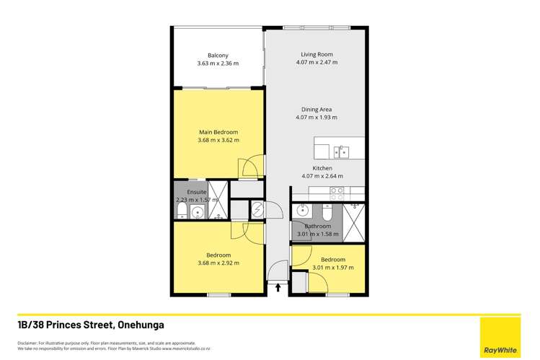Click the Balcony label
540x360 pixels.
point(218,56)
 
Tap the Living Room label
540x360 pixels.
point(317,54)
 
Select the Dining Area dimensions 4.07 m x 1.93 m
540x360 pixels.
point(317,118)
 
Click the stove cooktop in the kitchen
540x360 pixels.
point(336,194)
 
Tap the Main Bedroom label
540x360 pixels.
point(218,132)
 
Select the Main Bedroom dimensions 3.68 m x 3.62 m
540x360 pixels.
point(218,141)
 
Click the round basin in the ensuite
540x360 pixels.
point(197,213)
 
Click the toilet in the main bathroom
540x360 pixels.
point(327,214)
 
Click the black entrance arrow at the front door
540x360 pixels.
point(278,288)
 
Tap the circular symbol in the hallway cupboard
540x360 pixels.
point(257,210)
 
